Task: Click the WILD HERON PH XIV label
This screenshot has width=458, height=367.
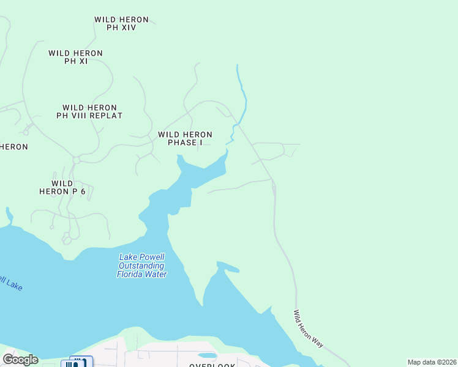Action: pos(121,24)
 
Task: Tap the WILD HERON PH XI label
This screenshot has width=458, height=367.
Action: pos(75,57)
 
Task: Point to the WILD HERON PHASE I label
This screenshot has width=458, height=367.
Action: pos(185,138)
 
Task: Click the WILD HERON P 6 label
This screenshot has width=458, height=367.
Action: pos(62,187)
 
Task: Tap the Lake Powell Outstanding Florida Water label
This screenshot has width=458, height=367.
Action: pos(142,266)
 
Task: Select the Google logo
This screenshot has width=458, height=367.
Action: pos(20,360)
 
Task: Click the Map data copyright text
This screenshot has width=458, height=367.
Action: pos(432,362)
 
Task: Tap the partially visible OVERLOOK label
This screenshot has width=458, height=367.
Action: pos(212,365)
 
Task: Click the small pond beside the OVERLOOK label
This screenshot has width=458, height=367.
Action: pos(207,355)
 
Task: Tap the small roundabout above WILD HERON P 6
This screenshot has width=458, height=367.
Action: pos(77,160)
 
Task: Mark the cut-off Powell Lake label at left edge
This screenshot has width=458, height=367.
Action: pos(10,283)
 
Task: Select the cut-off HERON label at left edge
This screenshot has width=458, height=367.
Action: pos(13,147)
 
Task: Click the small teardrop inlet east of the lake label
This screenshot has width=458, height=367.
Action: pos(228,267)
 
